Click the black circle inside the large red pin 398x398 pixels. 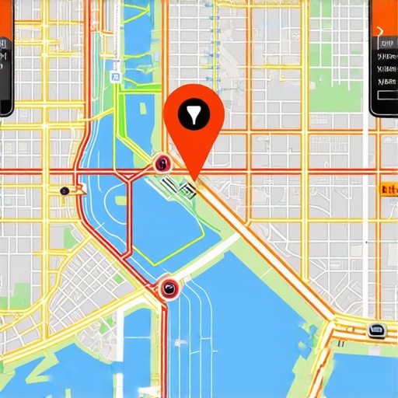[x=193, y=114]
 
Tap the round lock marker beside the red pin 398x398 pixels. [x=162, y=163]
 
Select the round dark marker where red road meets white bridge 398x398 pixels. [x=168, y=289]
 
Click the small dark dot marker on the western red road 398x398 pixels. [x=64, y=190]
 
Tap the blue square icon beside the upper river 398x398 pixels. [x=115, y=77]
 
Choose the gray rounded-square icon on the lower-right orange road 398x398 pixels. [x=377, y=330]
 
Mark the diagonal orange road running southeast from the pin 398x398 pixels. [x=264, y=249]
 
